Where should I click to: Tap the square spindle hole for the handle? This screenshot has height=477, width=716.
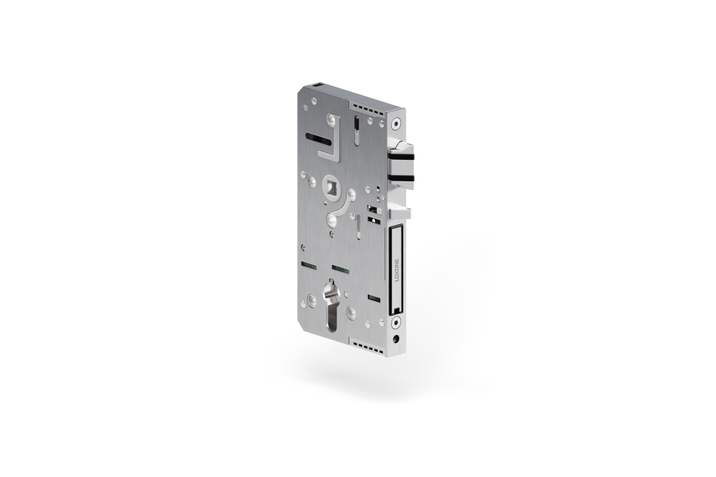(x=330, y=185)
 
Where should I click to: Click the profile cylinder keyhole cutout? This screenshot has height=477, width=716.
(x=330, y=306)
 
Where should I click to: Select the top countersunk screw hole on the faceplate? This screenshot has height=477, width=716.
(x=395, y=125)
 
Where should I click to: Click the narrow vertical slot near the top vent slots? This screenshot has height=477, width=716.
(x=356, y=130)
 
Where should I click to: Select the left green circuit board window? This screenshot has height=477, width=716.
(x=308, y=264)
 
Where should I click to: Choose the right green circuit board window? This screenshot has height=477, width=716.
(x=340, y=269)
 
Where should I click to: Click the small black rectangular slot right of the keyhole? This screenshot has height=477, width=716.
(x=374, y=297)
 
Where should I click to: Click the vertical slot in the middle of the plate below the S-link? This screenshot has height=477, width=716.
(x=358, y=227)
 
